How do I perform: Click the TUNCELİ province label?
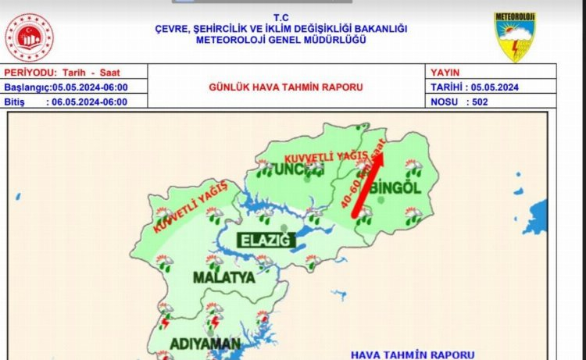point(290,169)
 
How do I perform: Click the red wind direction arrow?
point(368,185)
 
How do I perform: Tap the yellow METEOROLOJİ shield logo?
point(514,36)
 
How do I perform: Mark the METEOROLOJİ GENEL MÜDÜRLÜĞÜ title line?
point(281,39)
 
